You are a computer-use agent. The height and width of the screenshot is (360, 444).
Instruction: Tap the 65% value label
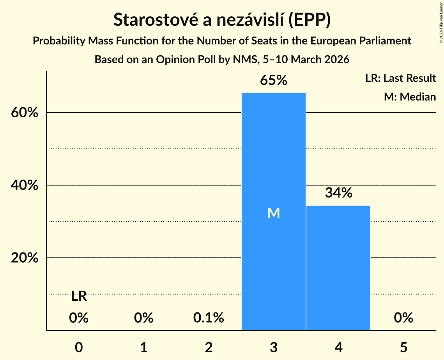(274, 81)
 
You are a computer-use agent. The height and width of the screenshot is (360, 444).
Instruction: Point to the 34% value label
(338, 193)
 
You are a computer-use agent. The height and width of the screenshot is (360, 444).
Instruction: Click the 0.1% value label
(209, 318)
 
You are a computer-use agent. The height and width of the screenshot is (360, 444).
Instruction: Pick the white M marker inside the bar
(274, 213)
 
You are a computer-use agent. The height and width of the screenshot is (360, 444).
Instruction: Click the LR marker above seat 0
(79, 296)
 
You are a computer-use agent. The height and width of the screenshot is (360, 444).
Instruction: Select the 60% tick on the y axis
(24, 113)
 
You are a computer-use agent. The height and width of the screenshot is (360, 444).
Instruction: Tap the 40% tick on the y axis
(24, 185)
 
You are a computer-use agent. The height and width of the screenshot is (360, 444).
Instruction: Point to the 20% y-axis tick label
(24, 258)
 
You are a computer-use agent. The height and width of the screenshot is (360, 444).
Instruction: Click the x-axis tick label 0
(79, 347)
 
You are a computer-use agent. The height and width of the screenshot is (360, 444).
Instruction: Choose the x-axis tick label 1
(144, 347)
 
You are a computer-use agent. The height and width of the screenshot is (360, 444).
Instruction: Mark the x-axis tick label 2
(209, 347)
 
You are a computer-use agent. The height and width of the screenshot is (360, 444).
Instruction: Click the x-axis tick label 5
(403, 347)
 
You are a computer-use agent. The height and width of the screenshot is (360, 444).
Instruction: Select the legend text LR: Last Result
(400, 78)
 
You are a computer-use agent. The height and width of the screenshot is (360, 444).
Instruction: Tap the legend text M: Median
(410, 97)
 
